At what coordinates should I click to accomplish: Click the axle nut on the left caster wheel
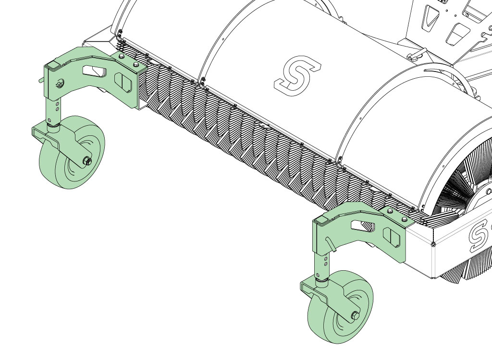(x=87, y=162)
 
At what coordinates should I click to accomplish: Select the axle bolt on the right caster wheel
(x=355, y=316)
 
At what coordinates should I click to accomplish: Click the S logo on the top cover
(x=297, y=75)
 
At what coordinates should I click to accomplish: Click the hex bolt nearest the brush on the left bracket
(x=135, y=65)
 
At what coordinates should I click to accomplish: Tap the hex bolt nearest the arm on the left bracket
(x=122, y=57)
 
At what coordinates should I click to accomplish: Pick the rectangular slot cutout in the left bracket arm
(x=94, y=71)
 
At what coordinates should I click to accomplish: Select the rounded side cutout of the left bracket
(x=123, y=82)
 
